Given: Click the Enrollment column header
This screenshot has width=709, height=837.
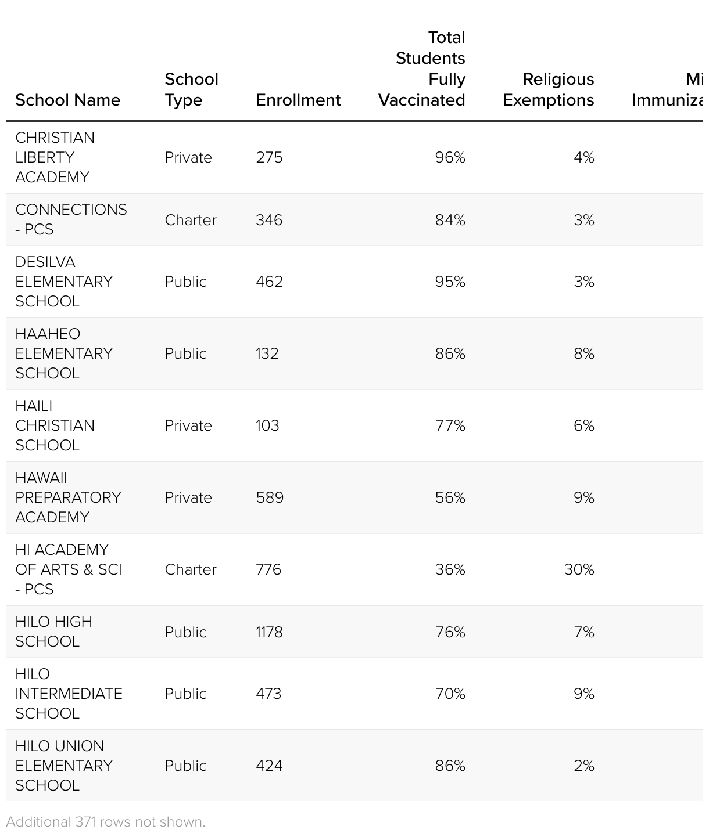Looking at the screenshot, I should click(298, 100).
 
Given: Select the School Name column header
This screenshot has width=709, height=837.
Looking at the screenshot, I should click(67, 100).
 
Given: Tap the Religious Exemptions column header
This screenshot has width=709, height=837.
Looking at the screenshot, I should click(548, 89).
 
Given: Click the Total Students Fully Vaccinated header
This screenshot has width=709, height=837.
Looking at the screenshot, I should click(422, 68).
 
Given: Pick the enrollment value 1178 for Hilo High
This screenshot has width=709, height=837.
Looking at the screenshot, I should click(269, 632).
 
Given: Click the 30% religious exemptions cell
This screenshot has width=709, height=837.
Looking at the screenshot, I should click(579, 569).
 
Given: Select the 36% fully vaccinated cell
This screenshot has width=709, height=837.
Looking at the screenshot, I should click(450, 569).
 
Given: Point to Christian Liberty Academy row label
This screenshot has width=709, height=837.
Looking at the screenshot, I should click(55, 157).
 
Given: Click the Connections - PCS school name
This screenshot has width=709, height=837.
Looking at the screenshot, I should click(71, 219).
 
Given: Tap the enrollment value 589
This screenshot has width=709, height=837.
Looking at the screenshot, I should click(270, 497).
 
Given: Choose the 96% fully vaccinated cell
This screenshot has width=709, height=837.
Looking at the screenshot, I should click(450, 157).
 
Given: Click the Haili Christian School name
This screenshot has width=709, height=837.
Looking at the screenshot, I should click(55, 425).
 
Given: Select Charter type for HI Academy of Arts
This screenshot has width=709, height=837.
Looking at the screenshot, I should click(191, 569).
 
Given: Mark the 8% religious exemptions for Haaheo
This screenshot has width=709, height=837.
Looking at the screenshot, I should click(583, 353).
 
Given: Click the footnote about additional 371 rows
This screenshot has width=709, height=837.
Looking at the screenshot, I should click(106, 822).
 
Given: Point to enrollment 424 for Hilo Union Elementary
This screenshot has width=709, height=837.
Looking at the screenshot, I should click(269, 766).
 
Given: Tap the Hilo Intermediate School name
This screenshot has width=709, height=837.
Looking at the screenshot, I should click(69, 694).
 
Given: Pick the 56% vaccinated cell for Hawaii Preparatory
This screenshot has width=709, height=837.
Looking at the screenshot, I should click(450, 497).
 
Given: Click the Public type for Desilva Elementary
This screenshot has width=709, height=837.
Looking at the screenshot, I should click(185, 282).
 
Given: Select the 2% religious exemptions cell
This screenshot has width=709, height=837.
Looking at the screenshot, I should click(583, 766).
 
